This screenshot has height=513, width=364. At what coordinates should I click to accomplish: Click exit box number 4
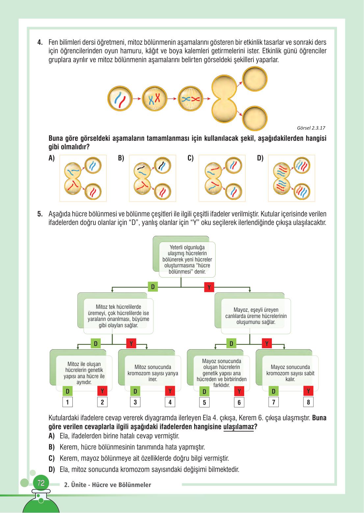pos(170,402)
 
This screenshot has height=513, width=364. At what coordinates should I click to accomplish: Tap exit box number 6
pos(239,402)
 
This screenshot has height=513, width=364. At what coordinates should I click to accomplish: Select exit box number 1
pos(67,402)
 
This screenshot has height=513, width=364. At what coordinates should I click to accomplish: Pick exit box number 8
pos(308,402)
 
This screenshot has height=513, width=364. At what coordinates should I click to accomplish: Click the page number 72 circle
pos(41,483)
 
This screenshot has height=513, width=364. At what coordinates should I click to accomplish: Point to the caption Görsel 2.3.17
pos(311,128)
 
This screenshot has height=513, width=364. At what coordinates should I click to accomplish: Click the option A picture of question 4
pos(83,178)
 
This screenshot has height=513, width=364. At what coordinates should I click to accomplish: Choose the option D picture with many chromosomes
pos(291,178)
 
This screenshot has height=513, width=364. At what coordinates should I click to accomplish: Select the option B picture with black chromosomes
pos(152,178)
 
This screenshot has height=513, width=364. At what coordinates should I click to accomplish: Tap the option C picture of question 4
pos(222,178)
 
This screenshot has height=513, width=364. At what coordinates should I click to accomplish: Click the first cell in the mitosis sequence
pos(120,98)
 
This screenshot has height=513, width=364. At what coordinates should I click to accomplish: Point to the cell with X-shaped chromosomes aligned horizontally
pos(191,99)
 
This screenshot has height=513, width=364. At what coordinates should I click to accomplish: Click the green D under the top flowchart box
pos(153,287)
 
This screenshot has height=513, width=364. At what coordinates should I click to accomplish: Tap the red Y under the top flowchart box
pos(209,287)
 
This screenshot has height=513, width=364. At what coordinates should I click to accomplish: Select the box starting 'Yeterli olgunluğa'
pos(187,259)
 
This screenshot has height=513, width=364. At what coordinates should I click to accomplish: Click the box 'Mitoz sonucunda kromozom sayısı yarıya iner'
pos(153,373)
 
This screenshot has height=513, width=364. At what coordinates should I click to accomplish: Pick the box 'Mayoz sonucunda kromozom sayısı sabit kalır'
pos(290,373)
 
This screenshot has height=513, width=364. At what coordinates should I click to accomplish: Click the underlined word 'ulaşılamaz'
pos(239,427)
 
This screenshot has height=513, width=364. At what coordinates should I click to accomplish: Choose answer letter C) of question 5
pos(52,458)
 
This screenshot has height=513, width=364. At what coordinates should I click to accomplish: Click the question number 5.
pos(40,214)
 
